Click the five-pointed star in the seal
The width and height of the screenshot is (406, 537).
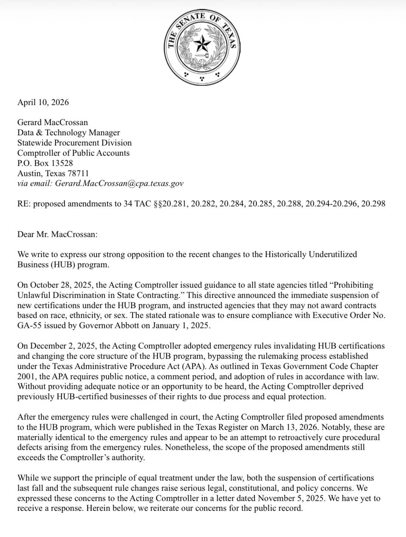point(202,45)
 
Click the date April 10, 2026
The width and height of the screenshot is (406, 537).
point(43,102)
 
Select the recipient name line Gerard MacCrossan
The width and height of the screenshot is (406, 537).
point(52,122)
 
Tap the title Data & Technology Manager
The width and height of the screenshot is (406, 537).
point(68,132)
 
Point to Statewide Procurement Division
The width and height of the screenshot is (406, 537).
point(74,143)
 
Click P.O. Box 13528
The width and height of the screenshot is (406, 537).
point(45,163)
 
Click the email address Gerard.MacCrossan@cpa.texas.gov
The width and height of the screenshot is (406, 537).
point(119,183)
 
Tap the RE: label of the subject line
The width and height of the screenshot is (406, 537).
point(24,204)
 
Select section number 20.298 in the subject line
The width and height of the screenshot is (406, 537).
point(373,204)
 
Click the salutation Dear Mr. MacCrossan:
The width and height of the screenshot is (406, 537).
point(57,234)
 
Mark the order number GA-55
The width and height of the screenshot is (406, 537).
point(28,326)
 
